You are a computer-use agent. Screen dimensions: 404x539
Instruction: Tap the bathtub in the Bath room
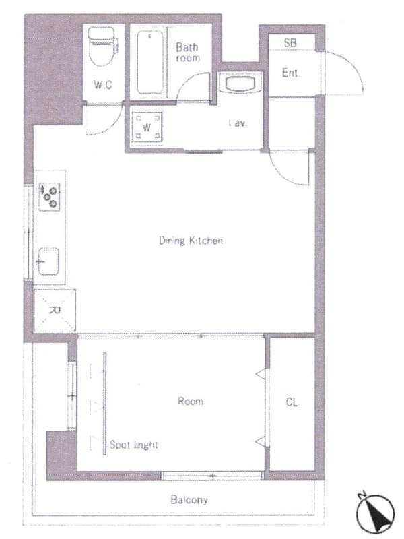click(150, 62)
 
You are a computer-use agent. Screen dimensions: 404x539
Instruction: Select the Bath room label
click(187, 53)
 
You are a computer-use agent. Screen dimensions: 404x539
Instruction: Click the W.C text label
click(103, 85)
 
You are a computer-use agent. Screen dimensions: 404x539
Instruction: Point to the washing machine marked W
click(147, 127)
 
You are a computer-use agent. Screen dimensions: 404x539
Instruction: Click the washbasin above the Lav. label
click(240, 84)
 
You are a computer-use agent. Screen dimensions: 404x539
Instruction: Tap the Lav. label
click(238, 123)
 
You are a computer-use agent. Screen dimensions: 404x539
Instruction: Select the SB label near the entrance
click(290, 42)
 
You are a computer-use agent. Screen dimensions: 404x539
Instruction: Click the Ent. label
click(291, 73)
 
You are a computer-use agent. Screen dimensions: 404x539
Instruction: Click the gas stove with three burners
click(49, 197)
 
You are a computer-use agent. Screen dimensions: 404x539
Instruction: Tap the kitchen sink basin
click(48, 261)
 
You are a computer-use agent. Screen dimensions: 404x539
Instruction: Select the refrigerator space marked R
click(55, 311)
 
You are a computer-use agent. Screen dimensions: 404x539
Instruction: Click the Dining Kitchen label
click(191, 241)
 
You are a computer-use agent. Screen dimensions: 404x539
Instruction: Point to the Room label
click(191, 401)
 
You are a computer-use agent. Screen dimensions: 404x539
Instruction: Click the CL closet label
click(292, 402)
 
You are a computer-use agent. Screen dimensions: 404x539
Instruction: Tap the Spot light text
click(133, 445)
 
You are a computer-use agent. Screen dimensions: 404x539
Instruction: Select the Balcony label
click(189, 500)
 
